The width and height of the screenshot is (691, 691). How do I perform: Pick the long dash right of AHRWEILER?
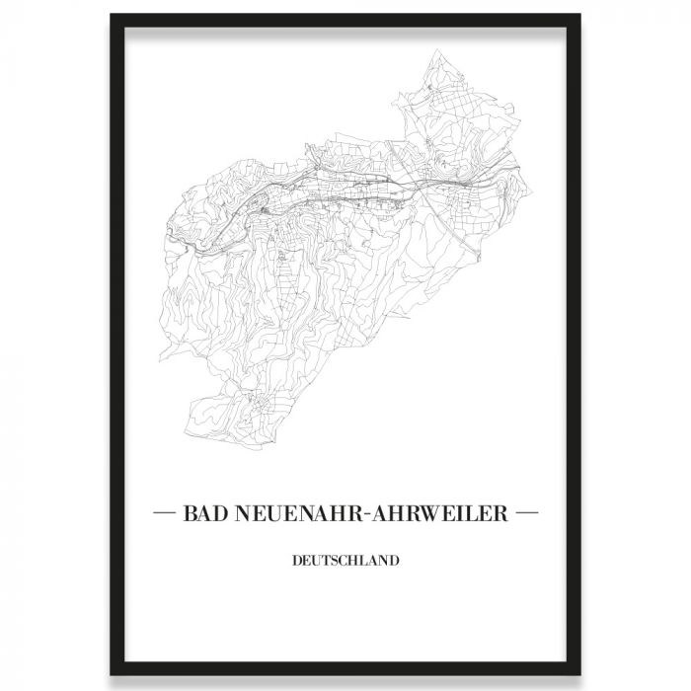pos(526,514)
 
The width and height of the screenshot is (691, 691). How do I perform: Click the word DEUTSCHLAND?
pos(345,562)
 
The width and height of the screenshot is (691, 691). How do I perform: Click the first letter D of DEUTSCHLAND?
pos(297,562)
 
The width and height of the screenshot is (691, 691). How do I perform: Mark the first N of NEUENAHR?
pos(237,514)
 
